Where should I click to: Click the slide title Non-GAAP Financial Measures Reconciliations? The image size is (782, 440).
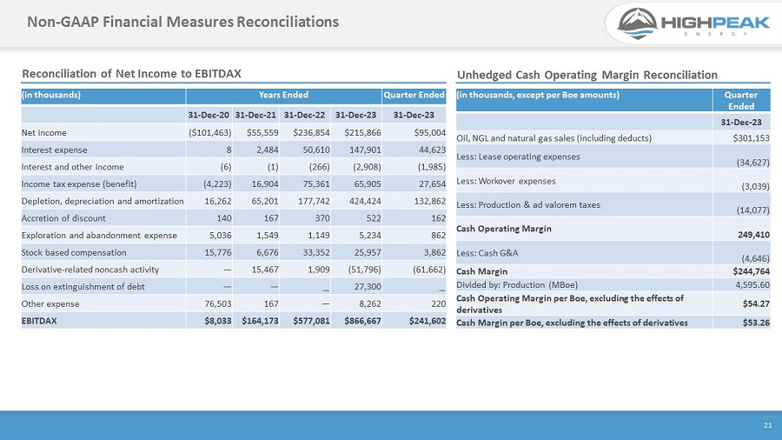[x=182, y=21]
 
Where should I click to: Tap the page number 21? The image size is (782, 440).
[x=767, y=425]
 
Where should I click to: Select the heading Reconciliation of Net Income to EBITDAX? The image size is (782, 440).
[x=131, y=74]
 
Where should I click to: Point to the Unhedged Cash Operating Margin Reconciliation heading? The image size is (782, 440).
[x=586, y=75]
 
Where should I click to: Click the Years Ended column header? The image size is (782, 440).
[x=283, y=95]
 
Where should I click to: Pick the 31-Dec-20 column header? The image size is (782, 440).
[x=209, y=115]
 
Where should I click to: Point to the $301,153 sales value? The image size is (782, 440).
[x=751, y=137]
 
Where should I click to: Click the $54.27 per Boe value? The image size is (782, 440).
[x=755, y=303]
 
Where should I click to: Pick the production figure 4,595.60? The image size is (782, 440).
[x=752, y=283]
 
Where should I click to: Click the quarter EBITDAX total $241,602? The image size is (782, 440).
[x=421, y=320]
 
